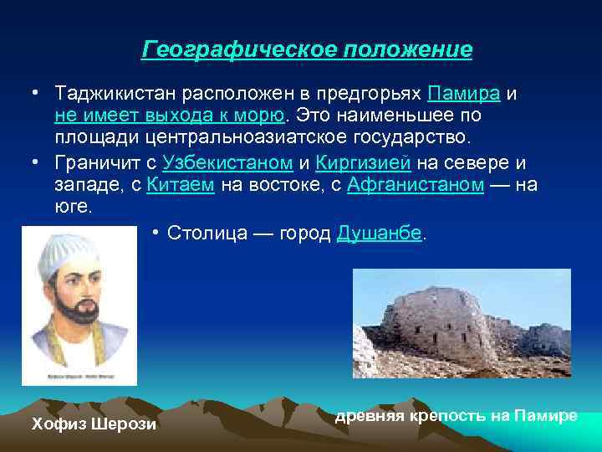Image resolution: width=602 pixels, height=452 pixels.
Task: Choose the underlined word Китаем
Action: click(181, 184)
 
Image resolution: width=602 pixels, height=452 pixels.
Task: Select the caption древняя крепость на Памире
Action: click(456, 416)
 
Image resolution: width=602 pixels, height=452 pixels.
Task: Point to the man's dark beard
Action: click(69, 321)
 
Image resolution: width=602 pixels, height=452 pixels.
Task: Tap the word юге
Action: click(71, 207)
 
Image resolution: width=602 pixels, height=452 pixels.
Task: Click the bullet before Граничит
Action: click(36, 161)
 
